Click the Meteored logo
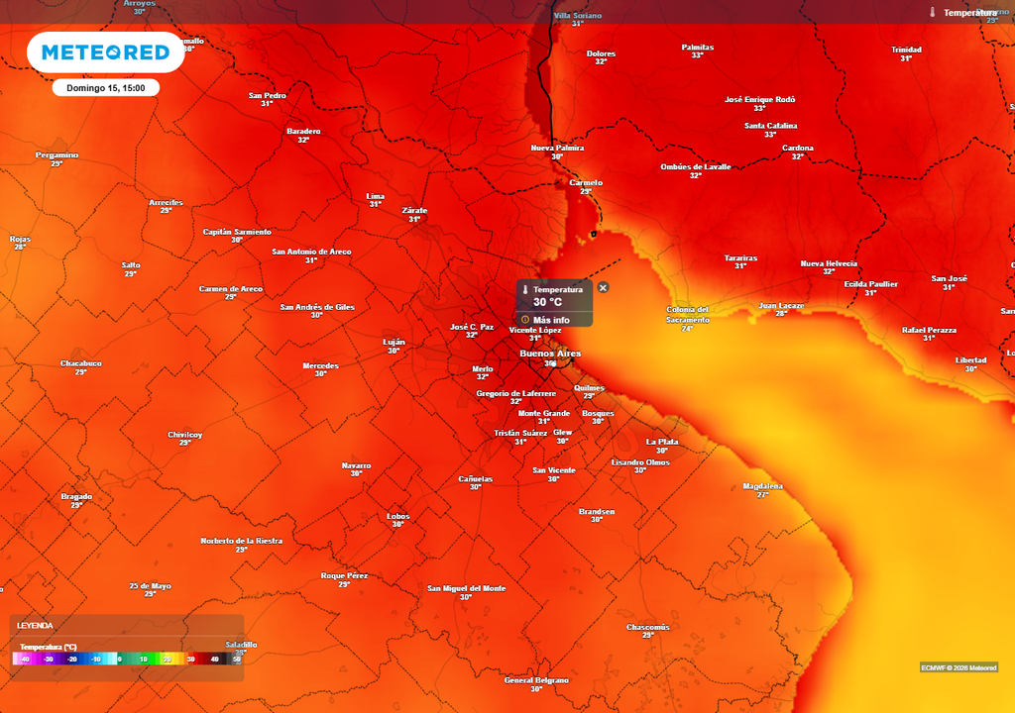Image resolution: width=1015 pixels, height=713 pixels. (105, 52)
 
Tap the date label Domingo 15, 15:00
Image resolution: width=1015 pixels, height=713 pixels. (106, 88)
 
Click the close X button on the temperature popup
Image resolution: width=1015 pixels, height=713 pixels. (604, 287)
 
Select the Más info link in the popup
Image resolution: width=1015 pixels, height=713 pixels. (551, 320)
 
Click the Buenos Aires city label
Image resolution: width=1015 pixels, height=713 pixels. (550, 353)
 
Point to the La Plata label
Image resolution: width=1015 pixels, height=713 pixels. (661, 442)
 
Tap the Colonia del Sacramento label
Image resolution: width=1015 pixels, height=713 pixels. (688, 315)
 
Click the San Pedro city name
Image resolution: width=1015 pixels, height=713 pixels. (267, 96)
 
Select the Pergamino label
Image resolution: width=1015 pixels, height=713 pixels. (56, 155)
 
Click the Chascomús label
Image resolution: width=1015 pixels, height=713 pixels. (648, 627)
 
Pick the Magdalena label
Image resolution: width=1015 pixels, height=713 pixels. (762, 486)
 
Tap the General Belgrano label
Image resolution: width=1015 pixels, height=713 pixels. (536, 680)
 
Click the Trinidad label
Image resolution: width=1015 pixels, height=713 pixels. (906, 50)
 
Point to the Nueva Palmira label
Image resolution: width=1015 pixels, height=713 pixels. (557, 149)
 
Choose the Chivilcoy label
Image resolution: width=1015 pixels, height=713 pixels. (185, 434)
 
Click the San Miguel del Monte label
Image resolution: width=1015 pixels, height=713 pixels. (466, 588)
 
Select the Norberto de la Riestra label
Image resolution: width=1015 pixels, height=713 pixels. (242, 541)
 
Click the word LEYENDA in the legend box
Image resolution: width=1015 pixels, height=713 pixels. (35, 626)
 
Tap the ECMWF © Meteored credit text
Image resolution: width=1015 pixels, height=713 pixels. (959, 666)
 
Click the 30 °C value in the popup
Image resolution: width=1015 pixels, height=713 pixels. (547, 303)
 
